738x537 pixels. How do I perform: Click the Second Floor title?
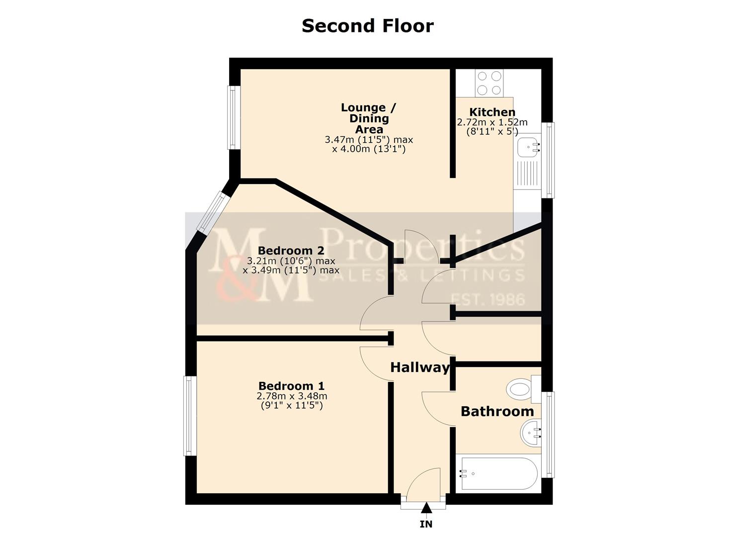[x=367, y=26]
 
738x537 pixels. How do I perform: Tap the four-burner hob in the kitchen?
[x=489, y=83]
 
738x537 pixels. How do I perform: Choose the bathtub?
[x=497, y=473]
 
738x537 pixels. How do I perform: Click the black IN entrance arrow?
[x=426, y=508]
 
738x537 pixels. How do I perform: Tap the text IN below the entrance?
[x=426, y=524]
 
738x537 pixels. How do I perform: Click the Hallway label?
[x=419, y=367]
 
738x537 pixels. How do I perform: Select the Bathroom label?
[x=497, y=411]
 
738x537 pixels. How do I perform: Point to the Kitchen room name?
[x=492, y=112]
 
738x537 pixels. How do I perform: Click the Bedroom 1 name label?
[x=291, y=386]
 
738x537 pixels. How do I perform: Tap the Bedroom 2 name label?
[x=291, y=251]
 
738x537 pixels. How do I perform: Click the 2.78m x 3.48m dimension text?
[x=292, y=396]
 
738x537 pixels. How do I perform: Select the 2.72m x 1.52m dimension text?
[x=492, y=122]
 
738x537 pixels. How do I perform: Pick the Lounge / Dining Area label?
[x=369, y=118]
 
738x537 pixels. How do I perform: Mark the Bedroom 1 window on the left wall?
[x=190, y=416]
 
